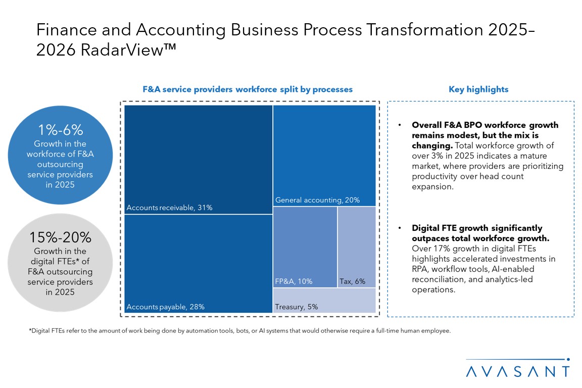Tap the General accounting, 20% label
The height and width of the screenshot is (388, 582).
[x=317, y=200]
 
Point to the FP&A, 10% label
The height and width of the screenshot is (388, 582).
[x=294, y=281]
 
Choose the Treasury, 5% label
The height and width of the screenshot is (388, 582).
[x=297, y=307]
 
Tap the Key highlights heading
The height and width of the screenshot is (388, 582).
[x=478, y=89]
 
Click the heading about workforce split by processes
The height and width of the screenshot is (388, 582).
[x=248, y=89]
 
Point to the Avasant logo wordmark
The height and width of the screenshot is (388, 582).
[x=518, y=371]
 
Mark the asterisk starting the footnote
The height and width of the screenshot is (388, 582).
[x=30, y=331]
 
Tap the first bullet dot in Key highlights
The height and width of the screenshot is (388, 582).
[x=400, y=125]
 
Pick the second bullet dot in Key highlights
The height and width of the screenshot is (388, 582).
[x=400, y=228]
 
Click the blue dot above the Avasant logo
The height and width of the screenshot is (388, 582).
[x=569, y=360]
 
